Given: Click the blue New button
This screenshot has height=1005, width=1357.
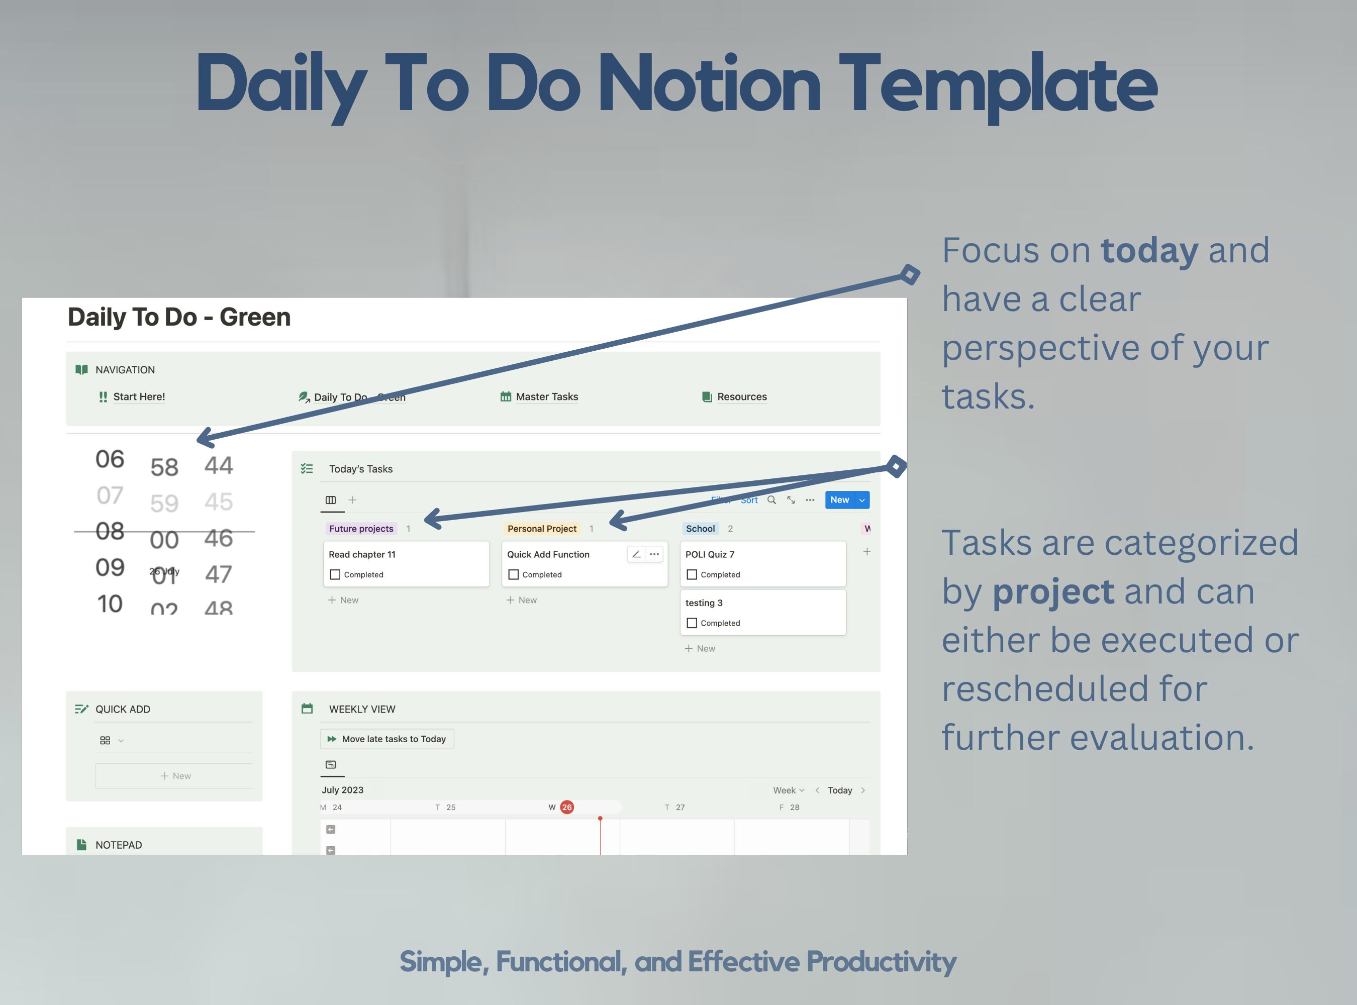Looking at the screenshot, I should pos(840,500).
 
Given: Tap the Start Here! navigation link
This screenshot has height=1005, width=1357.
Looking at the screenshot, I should pos(139,396).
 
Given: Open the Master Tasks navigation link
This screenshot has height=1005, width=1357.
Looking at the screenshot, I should pos(546,396).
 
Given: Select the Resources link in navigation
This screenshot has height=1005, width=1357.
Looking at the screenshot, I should pos(741,396).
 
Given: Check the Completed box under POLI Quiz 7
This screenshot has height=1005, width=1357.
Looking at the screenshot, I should pos(692,574).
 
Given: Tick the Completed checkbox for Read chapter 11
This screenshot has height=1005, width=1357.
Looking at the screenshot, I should pos(335,574).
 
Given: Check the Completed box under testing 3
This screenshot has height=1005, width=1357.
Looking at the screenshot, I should pos(692,623).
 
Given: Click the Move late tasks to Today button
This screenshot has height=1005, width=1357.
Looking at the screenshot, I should pos(387,739).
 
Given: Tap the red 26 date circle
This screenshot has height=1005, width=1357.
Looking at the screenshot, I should pos(566,808).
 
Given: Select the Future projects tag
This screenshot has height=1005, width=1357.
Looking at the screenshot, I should pos(361,529).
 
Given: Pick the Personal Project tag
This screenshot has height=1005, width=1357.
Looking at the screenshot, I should pos(542,529).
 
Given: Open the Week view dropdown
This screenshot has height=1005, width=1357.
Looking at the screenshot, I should pos(788,790).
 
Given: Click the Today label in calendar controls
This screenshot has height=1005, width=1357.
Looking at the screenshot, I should pos(840,790).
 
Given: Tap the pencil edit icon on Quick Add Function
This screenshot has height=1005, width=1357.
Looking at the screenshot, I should pos(636,554).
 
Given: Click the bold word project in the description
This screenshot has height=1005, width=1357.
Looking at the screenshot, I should pos(1053,591).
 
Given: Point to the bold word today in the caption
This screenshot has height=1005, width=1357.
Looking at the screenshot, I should pos(1149,250).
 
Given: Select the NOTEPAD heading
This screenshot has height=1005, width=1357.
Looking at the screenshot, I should pos(119,845).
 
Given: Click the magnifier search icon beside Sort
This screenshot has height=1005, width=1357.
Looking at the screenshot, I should pos(771,500).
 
